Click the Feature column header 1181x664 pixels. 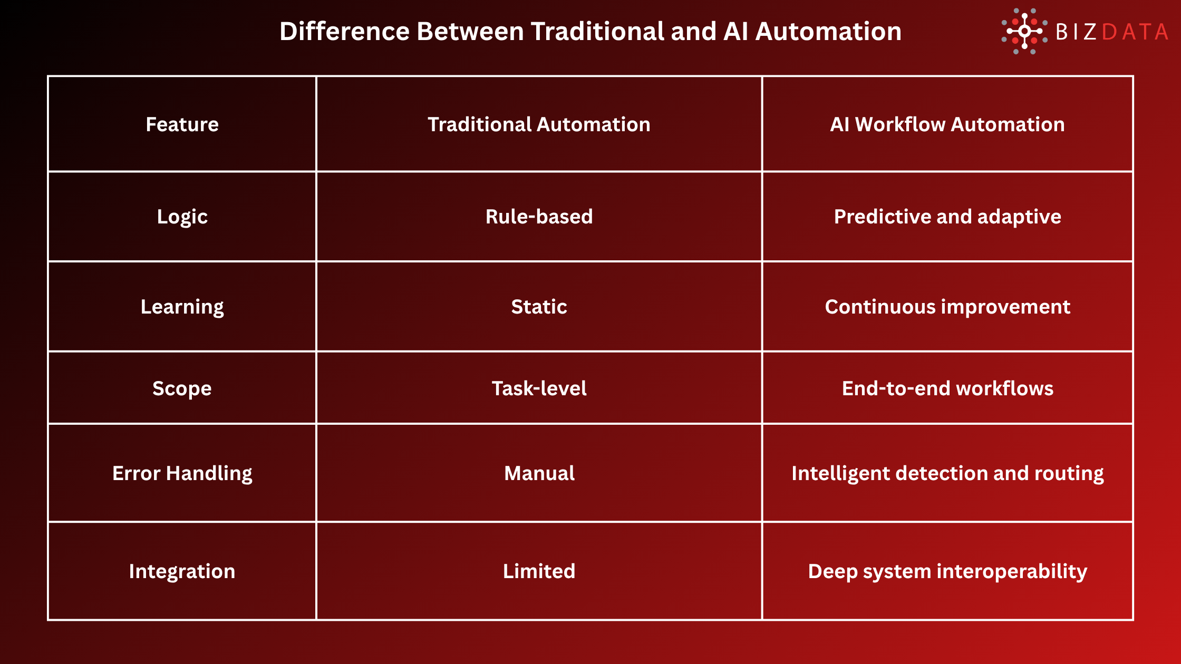[x=182, y=124]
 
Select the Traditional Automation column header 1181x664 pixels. [x=539, y=124]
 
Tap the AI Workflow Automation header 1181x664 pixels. [x=947, y=124]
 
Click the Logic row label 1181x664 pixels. [x=182, y=217]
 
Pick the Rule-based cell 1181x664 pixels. [x=539, y=217]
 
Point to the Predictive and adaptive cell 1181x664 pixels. [x=947, y=217]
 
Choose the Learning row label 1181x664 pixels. [x=182, y=307]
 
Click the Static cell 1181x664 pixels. [x=539, y=307]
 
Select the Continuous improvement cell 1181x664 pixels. [x=947, y=307]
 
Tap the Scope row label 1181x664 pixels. [x=182, y=388]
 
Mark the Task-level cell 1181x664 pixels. [x=539, y=388]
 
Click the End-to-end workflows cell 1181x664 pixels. [x=947, y=388]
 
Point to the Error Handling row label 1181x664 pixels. [x=182, y=473]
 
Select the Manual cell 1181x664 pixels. [x=539, y=473]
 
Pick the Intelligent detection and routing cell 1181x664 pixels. [x=947, y=473]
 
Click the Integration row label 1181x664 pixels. [x=182, y=571]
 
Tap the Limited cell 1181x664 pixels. [x=539, y=571]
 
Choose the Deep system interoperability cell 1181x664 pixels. [x=947, y=571]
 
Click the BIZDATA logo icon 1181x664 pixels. [x=1024, y=31]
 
